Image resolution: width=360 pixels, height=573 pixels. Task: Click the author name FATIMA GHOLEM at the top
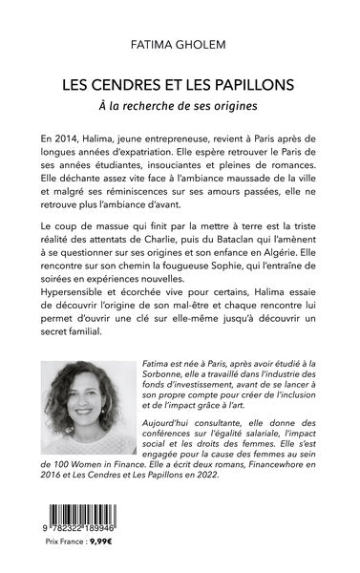coord(180,44)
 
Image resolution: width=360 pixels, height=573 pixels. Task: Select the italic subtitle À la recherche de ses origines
coord(180,103)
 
